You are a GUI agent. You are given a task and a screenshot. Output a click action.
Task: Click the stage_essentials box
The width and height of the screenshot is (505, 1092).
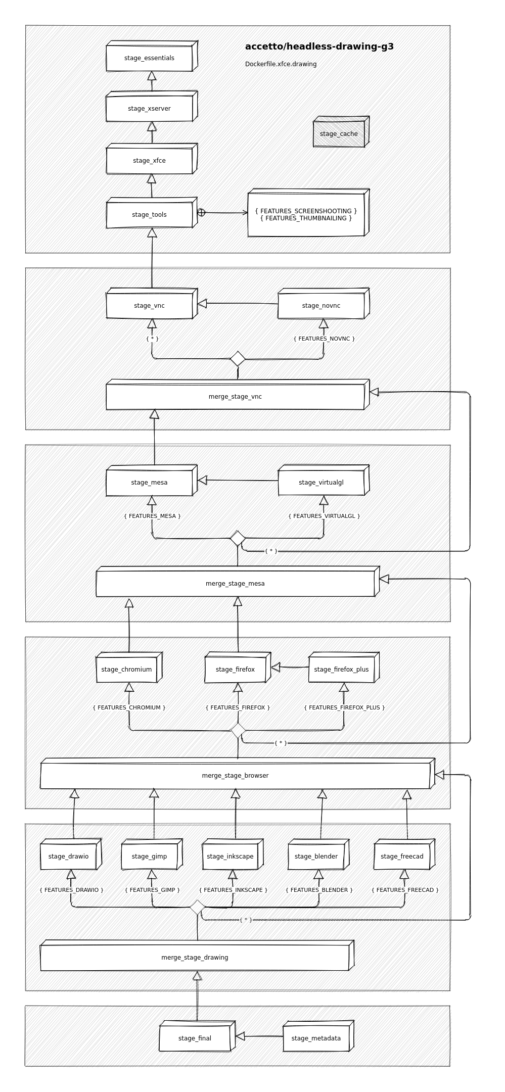pyautogui.click(x=149, y=58)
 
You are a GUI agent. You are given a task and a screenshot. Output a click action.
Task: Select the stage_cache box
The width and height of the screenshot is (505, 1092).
pyautogui.click(x=339, y=134)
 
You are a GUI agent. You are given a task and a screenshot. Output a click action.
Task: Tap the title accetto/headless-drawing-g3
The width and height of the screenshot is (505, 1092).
pyautogui.click(x=319, y=46)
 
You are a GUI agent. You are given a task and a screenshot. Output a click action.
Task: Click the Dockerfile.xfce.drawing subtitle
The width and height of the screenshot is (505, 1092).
pyautogui.click(x=281, y=64)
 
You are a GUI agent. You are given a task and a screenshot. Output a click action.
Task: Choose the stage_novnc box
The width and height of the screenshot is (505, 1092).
pyautogui.click(x=321, y=306)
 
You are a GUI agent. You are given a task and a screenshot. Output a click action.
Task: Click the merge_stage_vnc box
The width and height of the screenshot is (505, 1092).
pyautogui.click(x=235, y=397)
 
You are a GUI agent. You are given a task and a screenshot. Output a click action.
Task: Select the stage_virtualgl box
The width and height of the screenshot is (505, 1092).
pyautogui.click(x=321, y=483)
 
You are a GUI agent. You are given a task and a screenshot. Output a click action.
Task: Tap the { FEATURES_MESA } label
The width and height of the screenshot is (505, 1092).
pyautogui.click(x=152, y=516)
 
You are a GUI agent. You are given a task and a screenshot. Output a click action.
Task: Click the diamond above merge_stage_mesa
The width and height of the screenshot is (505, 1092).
pyautogui.click(x=238, y=538)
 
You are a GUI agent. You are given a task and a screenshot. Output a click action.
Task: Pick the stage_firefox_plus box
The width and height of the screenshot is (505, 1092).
pyautogui.click(x=341, y=670)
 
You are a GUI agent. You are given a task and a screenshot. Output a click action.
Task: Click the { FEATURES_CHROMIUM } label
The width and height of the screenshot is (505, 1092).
pyautogui.click(x=129, y=707)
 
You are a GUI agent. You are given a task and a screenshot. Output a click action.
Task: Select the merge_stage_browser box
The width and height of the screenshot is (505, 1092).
pyautogui.click(x=235, y=776)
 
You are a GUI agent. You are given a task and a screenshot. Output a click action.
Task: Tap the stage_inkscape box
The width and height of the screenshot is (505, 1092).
pyautogui.click(x=230, y=857)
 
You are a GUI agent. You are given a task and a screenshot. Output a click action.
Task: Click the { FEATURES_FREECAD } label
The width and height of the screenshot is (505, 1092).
pyautogui.click(x=405, y=890)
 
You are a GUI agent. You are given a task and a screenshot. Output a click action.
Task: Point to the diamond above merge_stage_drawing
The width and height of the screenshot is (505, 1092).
pyautogui.click(x=197, y=908)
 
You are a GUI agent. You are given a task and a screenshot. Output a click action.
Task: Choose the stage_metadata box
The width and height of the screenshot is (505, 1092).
pyautogui.click(x=316, y=1038)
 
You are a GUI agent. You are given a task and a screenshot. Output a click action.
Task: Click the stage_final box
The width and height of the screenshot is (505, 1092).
pyautogui.click(x=195, y=1038)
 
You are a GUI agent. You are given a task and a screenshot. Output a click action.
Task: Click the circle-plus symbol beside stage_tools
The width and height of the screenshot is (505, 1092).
pyautogui.click(x=201, y=213)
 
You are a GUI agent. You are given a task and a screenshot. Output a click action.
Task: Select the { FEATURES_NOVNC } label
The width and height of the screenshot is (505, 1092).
pyautogui.click(x=324, y=339)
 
